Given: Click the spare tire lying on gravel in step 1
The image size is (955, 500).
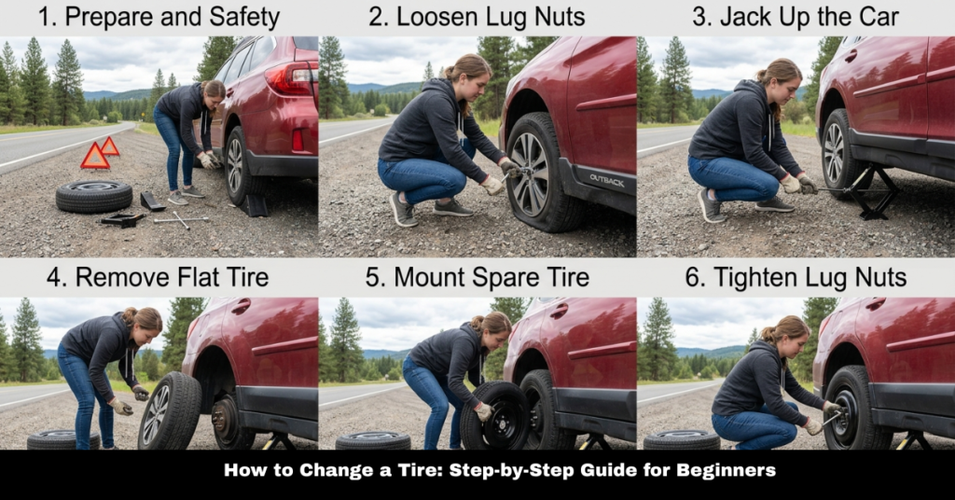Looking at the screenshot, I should (93, 196).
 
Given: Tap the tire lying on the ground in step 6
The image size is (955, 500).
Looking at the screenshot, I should (680, 438).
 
